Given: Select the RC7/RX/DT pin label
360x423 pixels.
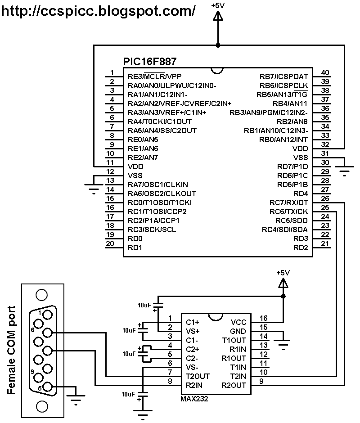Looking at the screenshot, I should click(x=289, y=202).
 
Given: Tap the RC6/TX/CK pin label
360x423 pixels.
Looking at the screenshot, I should click(x=289, y=211).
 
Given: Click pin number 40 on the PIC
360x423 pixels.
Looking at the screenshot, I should click(x=325, y=73).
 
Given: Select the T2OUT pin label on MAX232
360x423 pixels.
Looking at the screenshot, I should click(x=198, y=376).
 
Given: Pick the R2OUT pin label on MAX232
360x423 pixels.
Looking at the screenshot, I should click(x=234, y=385).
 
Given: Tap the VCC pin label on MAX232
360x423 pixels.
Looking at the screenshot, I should click(x=238, y=322).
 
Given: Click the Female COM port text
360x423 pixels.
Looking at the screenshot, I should click(x=12, y=350).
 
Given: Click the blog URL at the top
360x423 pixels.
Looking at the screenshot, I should click(x=99, y=10).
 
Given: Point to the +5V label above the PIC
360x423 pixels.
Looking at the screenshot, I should click(x=218, y=5).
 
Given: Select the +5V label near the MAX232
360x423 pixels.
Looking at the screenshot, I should click(x=283, y=273).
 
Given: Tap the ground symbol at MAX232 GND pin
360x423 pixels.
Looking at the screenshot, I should click(x=283, y=344).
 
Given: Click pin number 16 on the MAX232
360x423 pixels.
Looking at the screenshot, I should click(x=263, y=318).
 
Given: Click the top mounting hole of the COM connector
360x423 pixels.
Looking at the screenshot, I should click(x=41, y=295).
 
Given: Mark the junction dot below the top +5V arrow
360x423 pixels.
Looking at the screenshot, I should click(x=218, y=45).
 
